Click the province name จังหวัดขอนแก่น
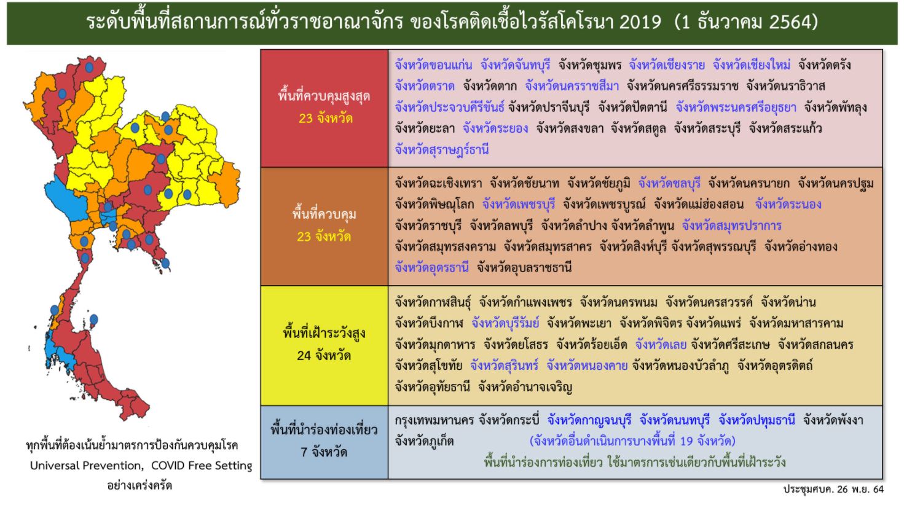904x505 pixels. tap(433, 65)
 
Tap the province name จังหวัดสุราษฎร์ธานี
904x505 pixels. tap(442, 149)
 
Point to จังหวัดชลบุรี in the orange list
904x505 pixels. tap(669, 183)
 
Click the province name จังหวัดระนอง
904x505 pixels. tap(788, 204)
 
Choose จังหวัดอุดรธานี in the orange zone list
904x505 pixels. tap(432, 267)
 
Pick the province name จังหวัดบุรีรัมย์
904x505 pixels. tap(505, 323)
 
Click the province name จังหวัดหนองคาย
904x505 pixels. tap(587, 366)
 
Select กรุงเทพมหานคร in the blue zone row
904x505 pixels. tap(434, 420)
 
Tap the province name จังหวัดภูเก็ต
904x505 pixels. tap(424, 441)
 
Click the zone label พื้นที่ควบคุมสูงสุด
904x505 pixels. tap(324, 96)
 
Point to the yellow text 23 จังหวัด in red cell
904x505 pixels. tap(325, 118)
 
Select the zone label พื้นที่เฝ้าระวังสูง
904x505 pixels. tap(324, 334)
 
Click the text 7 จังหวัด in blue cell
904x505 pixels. tap(324, 452)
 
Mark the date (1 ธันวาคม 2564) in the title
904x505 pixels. tap(745, 23)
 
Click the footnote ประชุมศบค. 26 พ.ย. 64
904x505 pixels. tap(833, 490)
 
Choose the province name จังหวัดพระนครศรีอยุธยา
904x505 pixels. tap(736, 108)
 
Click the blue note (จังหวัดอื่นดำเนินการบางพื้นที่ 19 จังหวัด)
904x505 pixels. tap(632, 441)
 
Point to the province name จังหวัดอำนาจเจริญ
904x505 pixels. tap(525, 387)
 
